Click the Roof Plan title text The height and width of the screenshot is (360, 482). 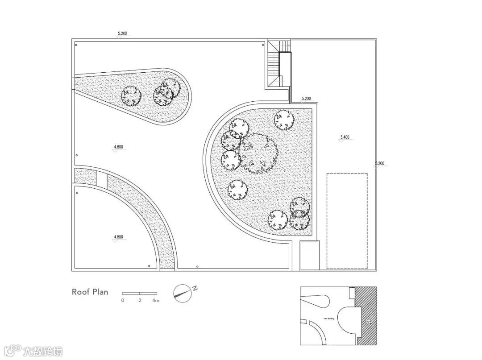[x=90, y=292]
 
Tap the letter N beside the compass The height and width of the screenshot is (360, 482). [x=195, y=289]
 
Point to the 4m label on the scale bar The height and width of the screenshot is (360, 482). [x=155, y=301]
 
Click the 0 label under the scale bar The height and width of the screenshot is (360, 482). [x=123, y=301]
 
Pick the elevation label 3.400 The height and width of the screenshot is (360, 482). [x=345, y=137]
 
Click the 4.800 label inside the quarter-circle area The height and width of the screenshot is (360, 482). [x=118, y=237]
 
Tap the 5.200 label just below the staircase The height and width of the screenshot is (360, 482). [x=306, y=98]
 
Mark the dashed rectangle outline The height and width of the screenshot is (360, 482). [x=347, y=221]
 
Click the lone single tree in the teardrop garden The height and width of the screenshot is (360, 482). [x=131, y=95]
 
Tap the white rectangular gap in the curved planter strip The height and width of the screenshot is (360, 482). [x=102, y=180]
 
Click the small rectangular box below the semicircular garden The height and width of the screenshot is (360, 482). [x=309, y=255]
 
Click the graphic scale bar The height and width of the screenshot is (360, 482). [x=139, y=293]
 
